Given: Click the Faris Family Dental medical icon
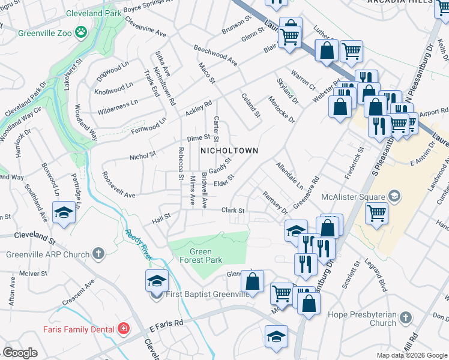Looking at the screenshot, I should [123, 328].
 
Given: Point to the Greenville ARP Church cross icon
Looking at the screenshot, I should [99, 254].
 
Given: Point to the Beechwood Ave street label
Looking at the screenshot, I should [215, 55].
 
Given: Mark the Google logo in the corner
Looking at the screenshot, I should [20, 353].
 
